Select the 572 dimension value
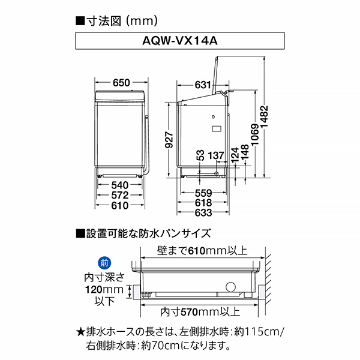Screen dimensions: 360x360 click(121, 196)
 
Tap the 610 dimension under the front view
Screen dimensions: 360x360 click(121, 206)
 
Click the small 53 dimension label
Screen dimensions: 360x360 click(200, 155)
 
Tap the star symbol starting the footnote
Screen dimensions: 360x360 click(81, 331)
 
